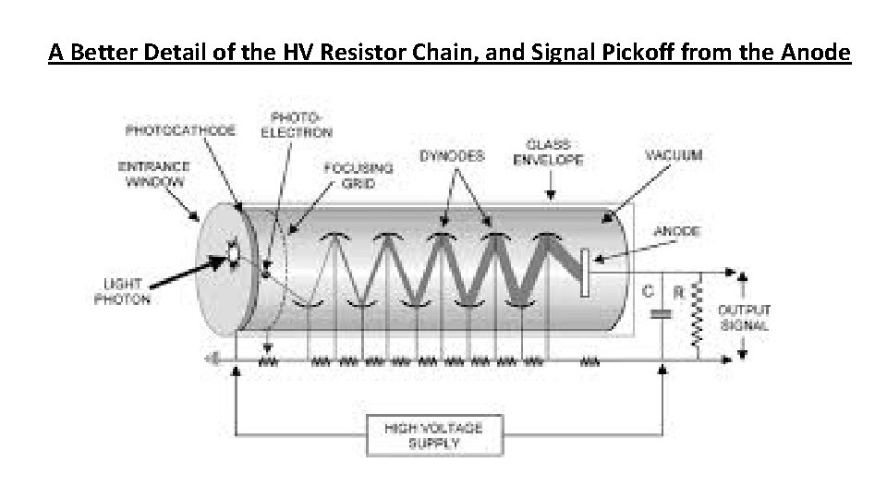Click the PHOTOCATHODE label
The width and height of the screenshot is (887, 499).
click(180, 130)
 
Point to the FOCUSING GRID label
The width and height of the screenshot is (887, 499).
click(358, 176)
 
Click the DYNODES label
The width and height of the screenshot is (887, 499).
click(452, 156)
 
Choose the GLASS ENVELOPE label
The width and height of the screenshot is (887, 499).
click(548, 152)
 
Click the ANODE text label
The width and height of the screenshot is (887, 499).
click(675, 231)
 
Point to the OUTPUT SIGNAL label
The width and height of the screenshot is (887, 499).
click(744, 318)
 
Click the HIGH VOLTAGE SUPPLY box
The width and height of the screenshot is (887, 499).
click(432, 434)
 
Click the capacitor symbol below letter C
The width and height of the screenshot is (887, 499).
click(662, 314)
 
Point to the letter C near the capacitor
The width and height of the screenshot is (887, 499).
click(649, 291)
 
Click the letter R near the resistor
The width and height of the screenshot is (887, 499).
click(679, 292)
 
